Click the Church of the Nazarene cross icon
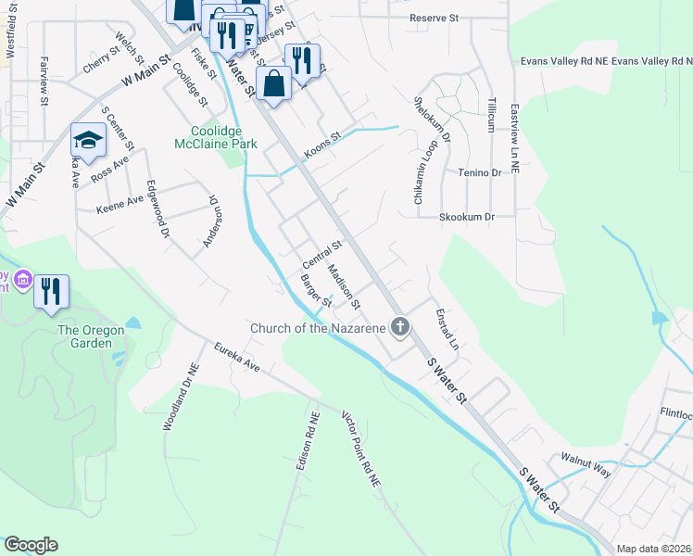[x=400, y=326]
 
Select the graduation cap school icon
[x=88, y=141]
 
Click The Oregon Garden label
[x=91, y=336]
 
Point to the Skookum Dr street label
[x=469, y=216]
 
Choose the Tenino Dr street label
[x=478, y=172]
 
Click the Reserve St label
[x=435, y=18]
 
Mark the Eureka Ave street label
[x=236, y=358]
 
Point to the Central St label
[x=322, y=252]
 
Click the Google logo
[x=31, y=545]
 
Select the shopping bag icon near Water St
[x=275, y=83]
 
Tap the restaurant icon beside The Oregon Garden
[x=52, y=292]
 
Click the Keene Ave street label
[x=120, y=204]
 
